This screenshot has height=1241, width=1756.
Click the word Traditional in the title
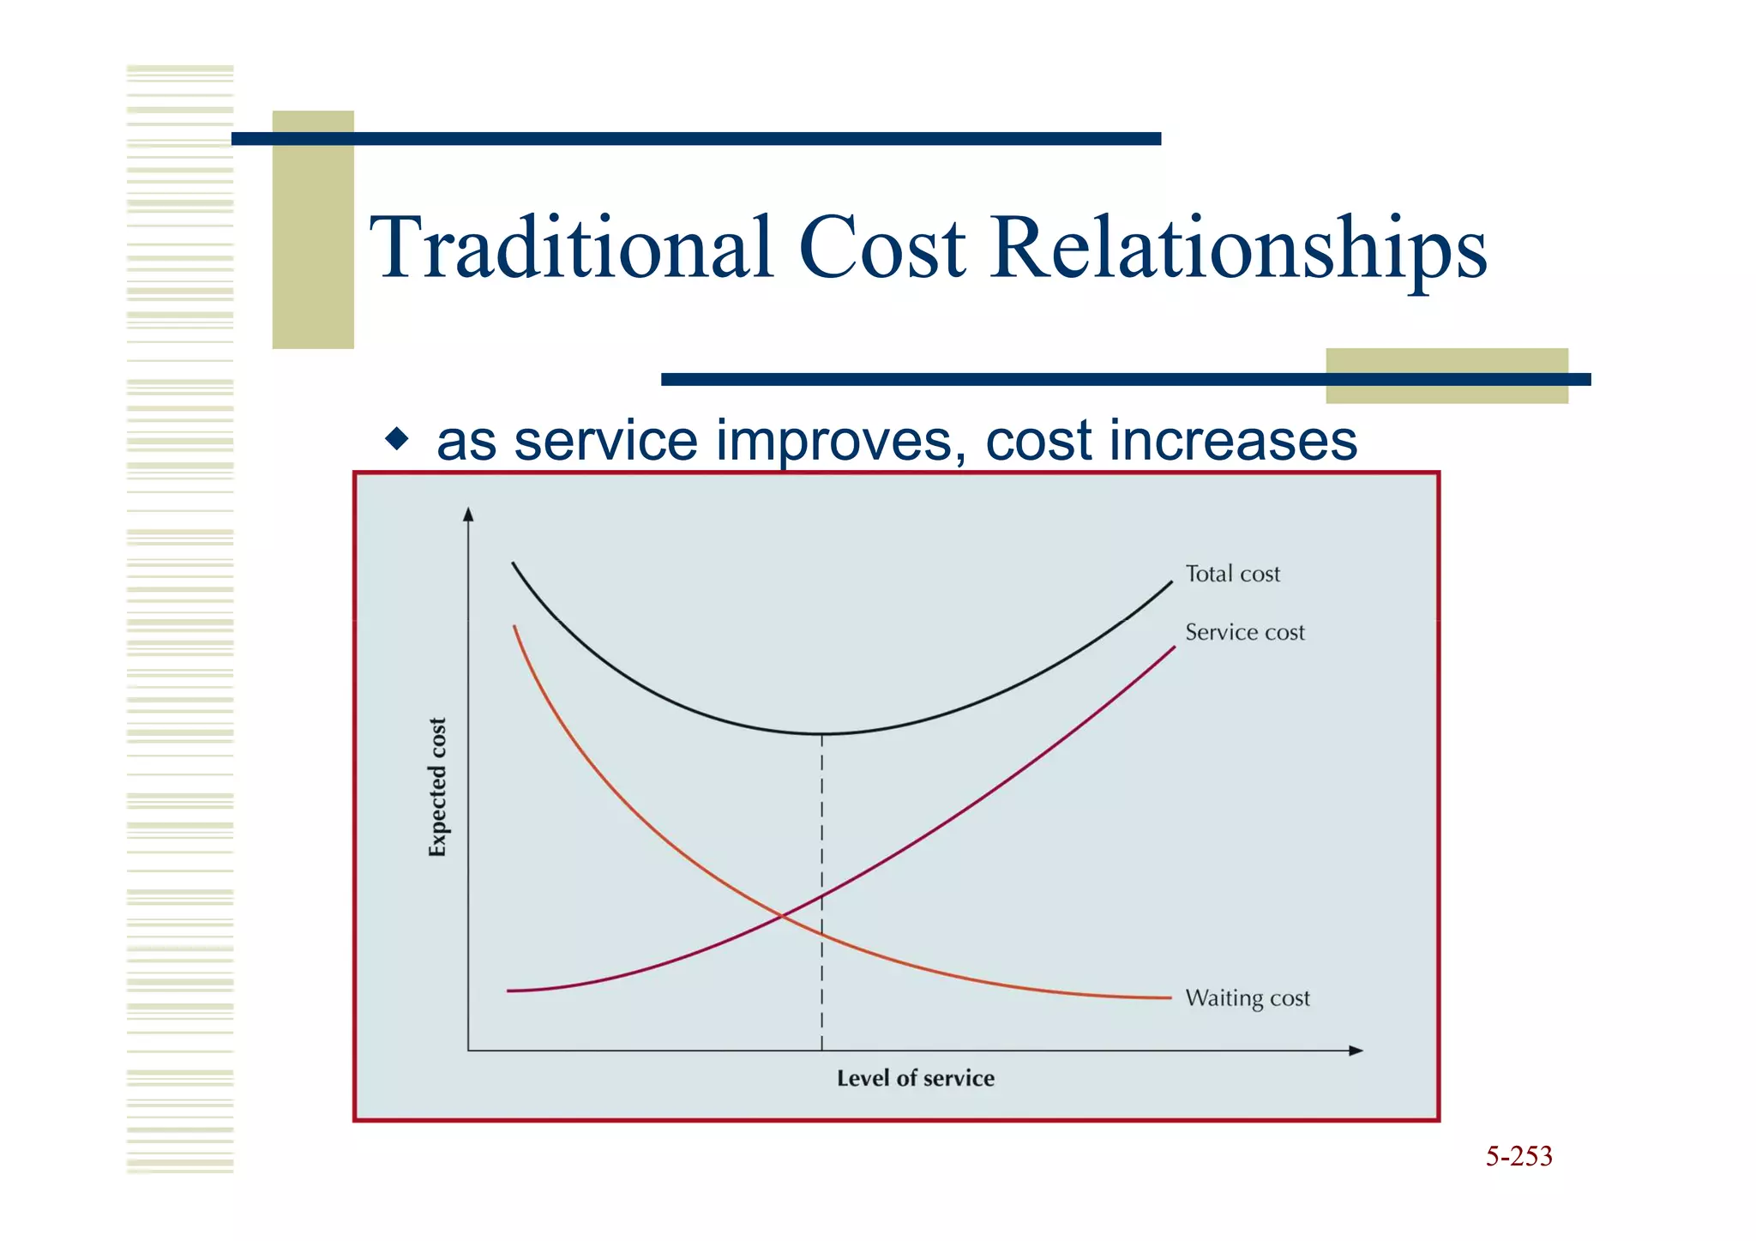pyautogui.click(x=572, y=249)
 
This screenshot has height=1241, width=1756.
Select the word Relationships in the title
pyautogui.click(x=1238, y=249)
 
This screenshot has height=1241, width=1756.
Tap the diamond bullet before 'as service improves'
pyautogui.click(x=397, y=440)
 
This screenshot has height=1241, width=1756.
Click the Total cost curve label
pyautogui.click(x=1232, y=574)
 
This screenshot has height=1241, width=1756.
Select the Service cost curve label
pyautogui.click(x=1244, y=632)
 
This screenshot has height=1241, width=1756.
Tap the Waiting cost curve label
pyautogui.click(x=1247, y=998)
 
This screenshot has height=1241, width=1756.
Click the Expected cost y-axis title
pyautogui.click(x=437, y=787)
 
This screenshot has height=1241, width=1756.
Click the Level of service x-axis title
pyautogui.click(x=915, y=1078)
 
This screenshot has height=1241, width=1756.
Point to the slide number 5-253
pyautogui.click(x=1518, y=1156)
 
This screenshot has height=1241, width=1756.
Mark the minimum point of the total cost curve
pyautogui.click(x=821, y=734)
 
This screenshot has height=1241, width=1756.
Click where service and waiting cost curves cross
pyautogui.click(x=782, y=916)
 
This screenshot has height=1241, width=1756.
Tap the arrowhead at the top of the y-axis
pyautogui.click(x=468, y=514)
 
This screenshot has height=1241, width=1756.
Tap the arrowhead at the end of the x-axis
pyautogui.click(x=1356, y=1051)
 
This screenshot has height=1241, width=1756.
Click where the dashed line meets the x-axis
pyautogui.click(x=821, y=1051)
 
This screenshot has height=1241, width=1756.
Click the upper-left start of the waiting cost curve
pyautogui.click(x=514, y=628)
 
